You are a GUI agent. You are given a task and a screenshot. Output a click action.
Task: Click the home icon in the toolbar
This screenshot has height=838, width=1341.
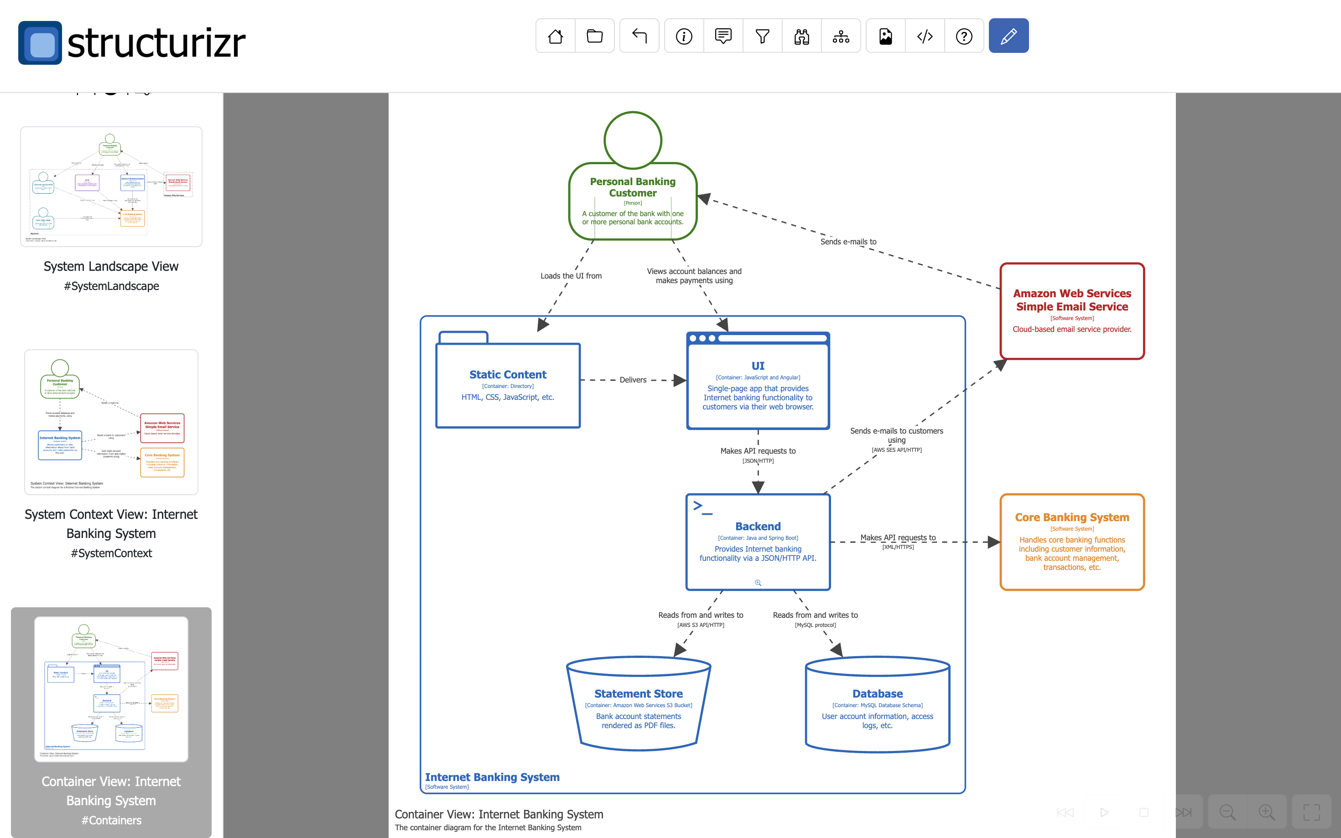(x=556, y=36)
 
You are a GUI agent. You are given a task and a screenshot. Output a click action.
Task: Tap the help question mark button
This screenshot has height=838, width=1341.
(x=964, y=36)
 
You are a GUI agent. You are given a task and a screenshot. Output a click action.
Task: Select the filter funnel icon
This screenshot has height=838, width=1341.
(x=762, y=36)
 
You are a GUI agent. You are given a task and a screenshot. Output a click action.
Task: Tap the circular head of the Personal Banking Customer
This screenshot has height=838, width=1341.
(x=633, y=140)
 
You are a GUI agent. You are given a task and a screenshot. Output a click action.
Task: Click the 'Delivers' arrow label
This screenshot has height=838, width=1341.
(x=633, y=380)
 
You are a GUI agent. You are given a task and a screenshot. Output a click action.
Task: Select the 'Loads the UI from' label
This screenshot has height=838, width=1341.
(x=571, y=275)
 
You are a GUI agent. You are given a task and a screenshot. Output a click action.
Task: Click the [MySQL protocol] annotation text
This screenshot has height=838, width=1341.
(x=815, y=625)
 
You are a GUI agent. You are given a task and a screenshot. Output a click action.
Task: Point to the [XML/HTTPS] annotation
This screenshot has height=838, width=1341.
(x=898, y=547)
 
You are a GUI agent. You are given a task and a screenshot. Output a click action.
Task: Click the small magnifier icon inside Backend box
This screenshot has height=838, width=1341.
(x=758, y=583)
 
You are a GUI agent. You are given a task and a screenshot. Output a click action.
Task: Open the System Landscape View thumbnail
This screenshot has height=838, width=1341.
(x=111, y=186)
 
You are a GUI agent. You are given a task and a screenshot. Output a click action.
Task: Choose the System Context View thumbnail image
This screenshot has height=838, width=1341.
(x=111, y=421)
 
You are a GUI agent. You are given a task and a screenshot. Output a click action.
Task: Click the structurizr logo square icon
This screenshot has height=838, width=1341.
(x=40, y=43)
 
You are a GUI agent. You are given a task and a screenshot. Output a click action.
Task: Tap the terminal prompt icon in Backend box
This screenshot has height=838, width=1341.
(x=702, y=507)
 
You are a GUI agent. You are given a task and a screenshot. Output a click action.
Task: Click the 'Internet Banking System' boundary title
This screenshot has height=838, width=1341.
(x=492, y=776)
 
